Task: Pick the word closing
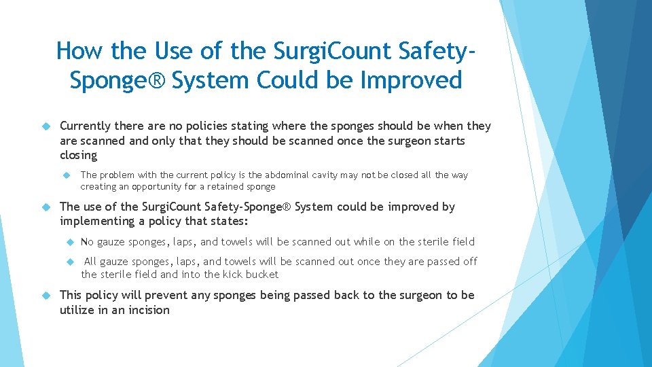(x=79, y=156)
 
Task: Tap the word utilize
(x=77, y=311)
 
